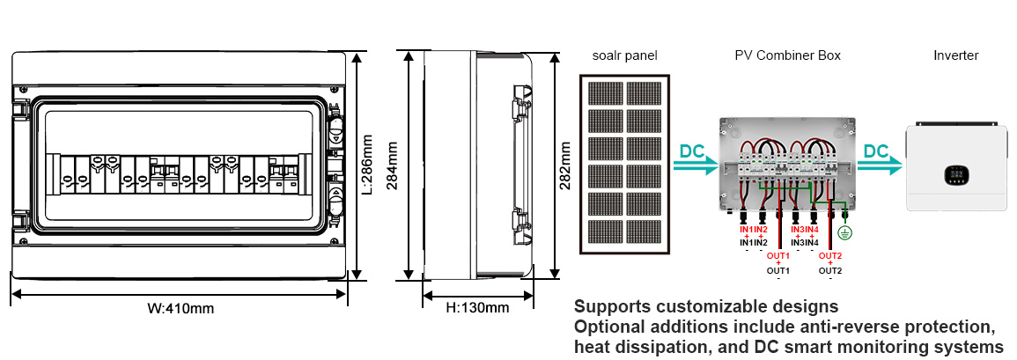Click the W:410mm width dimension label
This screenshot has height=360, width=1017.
point(181,308)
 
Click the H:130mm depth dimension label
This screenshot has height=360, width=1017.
point(477,308)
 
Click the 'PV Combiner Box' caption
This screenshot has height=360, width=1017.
point(787,55)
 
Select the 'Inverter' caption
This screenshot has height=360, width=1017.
point(955,55)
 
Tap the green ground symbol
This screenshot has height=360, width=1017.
point(846,233)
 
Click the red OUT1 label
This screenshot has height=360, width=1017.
point(778,256)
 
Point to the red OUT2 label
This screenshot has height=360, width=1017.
point(830,256)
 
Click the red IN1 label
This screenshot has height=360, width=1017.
point(746,230)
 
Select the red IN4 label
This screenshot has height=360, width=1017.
point(812,230)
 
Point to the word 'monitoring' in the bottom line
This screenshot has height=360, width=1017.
point(890,348)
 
